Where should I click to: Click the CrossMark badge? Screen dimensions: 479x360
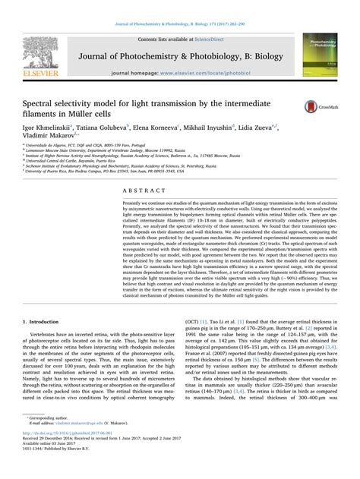[317, 109]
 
